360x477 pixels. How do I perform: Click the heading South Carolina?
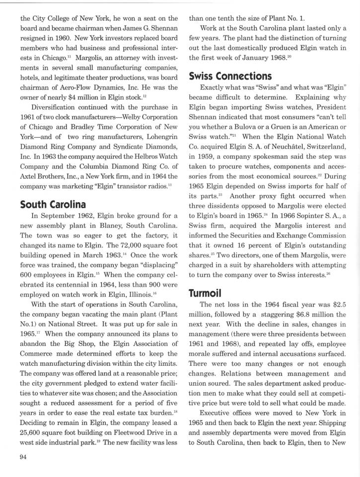[x=53, y=204]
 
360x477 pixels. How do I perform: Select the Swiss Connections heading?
[x=230, y=76]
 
